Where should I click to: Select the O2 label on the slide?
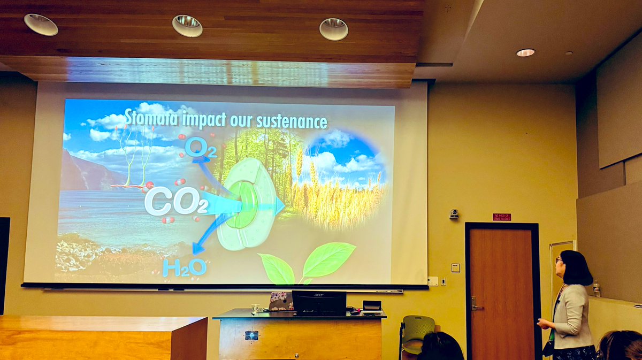[200, 148]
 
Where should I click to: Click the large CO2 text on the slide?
[175, 202]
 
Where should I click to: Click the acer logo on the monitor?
[319, 294]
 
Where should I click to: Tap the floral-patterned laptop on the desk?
[280, 301]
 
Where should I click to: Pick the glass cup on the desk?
[255, 309]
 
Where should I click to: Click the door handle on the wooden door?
[475, 304]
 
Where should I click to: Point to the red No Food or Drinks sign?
[501, 217]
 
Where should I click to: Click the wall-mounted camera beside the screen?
[454, 214]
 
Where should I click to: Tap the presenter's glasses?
[559, 261]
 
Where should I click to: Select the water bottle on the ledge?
[596, 289]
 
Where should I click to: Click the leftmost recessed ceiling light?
[41, 25]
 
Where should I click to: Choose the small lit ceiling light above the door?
[525, 52]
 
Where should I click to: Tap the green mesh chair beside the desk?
[418, 328]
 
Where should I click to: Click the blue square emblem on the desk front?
[251, 335]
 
